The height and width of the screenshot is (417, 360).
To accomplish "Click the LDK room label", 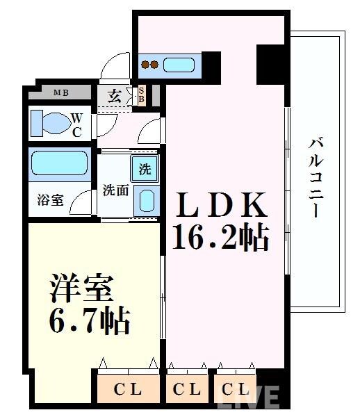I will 221,206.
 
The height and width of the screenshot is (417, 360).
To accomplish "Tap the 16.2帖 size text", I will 221,238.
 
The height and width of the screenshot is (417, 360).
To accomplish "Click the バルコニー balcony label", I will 316,178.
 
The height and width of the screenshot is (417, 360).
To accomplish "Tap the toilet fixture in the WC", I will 50,123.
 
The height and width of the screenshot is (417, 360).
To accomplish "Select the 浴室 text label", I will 51,200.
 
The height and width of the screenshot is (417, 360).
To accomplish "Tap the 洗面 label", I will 115,190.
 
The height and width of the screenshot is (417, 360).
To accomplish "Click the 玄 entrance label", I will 115,96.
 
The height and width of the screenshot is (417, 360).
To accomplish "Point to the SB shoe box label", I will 141,95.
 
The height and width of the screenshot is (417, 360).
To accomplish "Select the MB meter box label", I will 60,92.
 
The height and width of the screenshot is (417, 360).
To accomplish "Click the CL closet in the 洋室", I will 128,389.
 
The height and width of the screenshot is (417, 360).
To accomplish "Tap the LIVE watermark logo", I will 250,397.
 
